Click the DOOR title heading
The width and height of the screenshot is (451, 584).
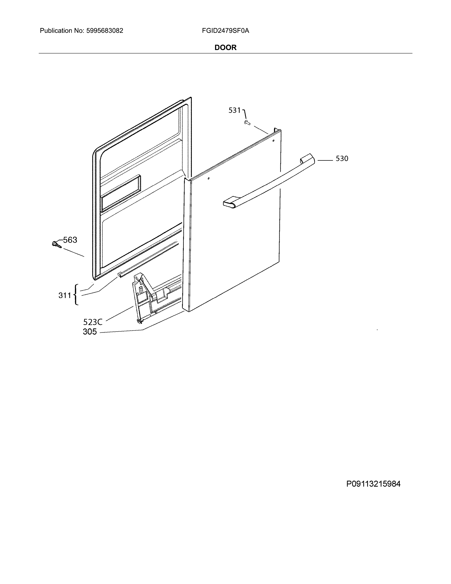(x=225, y=48)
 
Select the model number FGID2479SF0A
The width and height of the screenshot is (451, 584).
(x=225, y=31)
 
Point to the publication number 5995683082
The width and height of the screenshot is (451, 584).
(x=105, y=31)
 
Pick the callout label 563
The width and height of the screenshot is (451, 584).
(x=70, y=240)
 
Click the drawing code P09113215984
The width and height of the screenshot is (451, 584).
(x=373, y=484)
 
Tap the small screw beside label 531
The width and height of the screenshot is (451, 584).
(x=247, y=123)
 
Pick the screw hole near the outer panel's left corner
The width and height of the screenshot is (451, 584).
(x=208, y=178)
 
